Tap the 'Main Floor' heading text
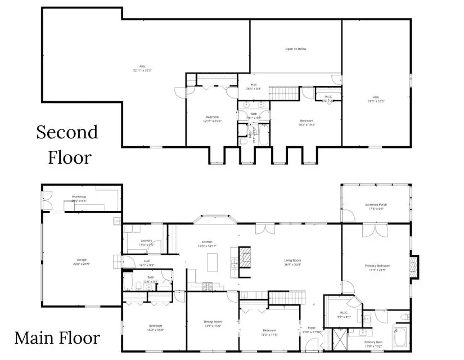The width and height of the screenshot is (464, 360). click(57, 338)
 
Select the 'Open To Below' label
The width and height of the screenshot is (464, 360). click(296, 49)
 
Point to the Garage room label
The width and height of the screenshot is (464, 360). click(82, 262)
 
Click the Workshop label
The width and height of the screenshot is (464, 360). click(79, 199)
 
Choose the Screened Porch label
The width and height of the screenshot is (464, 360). click(376, 206)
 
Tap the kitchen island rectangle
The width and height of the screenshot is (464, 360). click(213, 262)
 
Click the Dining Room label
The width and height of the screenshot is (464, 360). click(213, 323)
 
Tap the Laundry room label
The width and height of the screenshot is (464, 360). click(147, 242)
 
